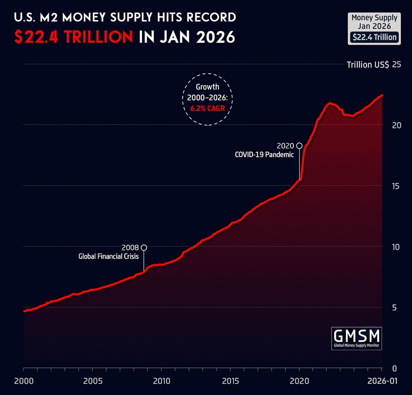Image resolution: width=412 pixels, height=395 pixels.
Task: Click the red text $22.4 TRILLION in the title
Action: (x=73, y=37)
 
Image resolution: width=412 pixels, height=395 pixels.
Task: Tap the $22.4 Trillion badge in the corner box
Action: (x=374, y=37)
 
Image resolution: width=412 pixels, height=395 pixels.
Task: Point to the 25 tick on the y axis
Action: (x=397, y=65)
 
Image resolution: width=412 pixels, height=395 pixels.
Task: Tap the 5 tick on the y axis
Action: (x=395, y=308)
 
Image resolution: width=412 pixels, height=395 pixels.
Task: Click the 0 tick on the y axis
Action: (x=395, y=368)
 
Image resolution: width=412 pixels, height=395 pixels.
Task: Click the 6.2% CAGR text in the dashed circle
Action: (x=207, y=108)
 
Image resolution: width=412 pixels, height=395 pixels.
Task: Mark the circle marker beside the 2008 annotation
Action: (x=144, y=248)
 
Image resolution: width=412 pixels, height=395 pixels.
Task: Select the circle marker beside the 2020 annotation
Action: (x=299, y=146)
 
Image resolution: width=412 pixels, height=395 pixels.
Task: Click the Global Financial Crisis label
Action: (x=108, y=256)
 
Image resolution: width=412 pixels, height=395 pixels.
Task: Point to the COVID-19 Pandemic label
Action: (x=264, y=155)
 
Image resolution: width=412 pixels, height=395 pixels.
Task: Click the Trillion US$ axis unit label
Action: (x=368, y=65)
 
